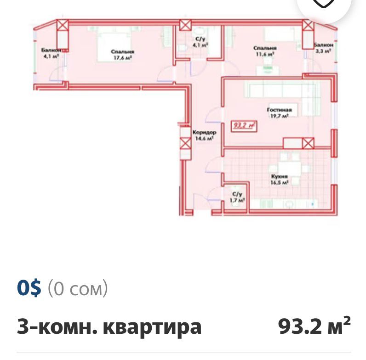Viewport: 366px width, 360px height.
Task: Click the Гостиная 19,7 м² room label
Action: tap(279, 113)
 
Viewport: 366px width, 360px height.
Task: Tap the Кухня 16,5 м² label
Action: tap(279, 179)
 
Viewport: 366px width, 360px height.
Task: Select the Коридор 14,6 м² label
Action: tap(205, 135)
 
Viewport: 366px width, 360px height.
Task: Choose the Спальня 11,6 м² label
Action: tap(264, 51)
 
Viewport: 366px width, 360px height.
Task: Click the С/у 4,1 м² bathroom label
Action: tap(200, 43)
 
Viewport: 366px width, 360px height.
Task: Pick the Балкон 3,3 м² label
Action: tap(322, 48)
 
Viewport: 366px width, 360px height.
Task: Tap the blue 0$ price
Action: tap(29, 289)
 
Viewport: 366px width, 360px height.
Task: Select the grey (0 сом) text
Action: tap(78, 289)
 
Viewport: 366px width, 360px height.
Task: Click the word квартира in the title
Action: tap(152, 327)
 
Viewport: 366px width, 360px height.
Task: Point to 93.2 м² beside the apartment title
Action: tap(315, 326)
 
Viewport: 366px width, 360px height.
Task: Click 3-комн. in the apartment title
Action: tap(56, 327)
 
